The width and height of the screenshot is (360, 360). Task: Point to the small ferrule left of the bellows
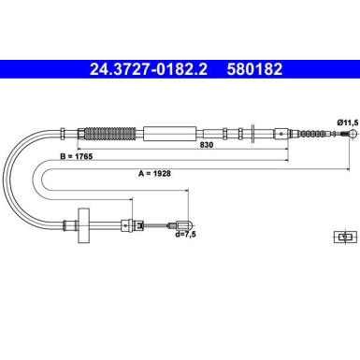click(x=65, y=132)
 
